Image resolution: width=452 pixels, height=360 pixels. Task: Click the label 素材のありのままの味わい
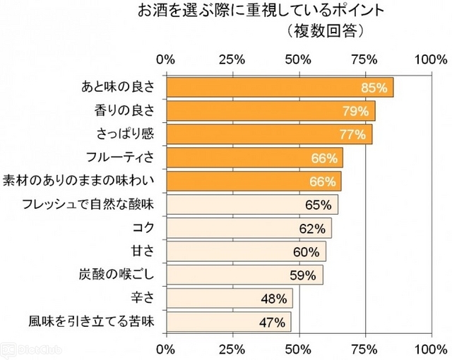coord(83,181)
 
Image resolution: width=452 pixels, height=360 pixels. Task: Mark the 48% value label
coord(273,299)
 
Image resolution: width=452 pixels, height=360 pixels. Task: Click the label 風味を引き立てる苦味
coord(93,322)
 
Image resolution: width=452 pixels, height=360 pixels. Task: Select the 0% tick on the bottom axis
coord(166,348)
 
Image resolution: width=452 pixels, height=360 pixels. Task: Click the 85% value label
coord(374,88)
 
